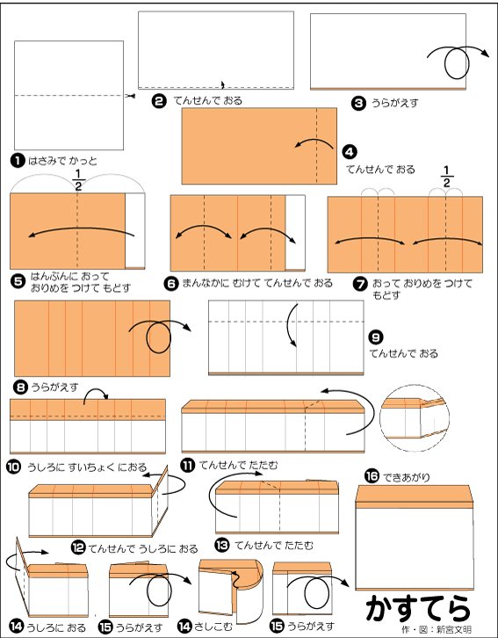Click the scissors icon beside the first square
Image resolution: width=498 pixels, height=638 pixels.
[x=130, y=96]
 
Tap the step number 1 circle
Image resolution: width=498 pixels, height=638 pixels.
[x=18, y=161]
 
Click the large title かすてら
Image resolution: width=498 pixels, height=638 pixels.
[x=418, y=608]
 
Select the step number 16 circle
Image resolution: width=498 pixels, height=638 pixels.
[x=372, y=475]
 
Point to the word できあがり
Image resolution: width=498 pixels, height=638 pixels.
[x=406, y=477]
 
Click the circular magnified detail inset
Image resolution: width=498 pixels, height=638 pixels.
[x=415, y=418]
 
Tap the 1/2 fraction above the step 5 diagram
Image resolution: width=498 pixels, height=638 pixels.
[x=78, y=180]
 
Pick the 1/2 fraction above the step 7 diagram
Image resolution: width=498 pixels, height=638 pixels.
[x=446, y=177]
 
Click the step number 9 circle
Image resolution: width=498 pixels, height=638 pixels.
[x=376, y=337]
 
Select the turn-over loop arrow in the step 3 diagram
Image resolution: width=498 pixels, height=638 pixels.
[x=458, y=61]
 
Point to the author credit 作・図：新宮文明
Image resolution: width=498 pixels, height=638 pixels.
[x=437, y=629]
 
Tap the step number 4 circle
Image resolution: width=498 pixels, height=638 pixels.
[x=350, y=152]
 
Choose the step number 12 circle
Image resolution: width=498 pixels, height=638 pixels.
[x=78, y=547]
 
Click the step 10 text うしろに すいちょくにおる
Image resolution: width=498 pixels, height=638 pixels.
[x=87, y=468]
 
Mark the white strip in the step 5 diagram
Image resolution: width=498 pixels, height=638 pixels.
[x=135, y=231]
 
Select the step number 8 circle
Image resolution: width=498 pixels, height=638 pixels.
[x=20, y=387]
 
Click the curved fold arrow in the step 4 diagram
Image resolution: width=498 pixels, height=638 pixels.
[x=314, y=143]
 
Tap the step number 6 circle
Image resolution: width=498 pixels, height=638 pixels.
[x=171, y=283]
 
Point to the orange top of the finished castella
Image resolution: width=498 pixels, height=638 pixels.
[x=415, y=494]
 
